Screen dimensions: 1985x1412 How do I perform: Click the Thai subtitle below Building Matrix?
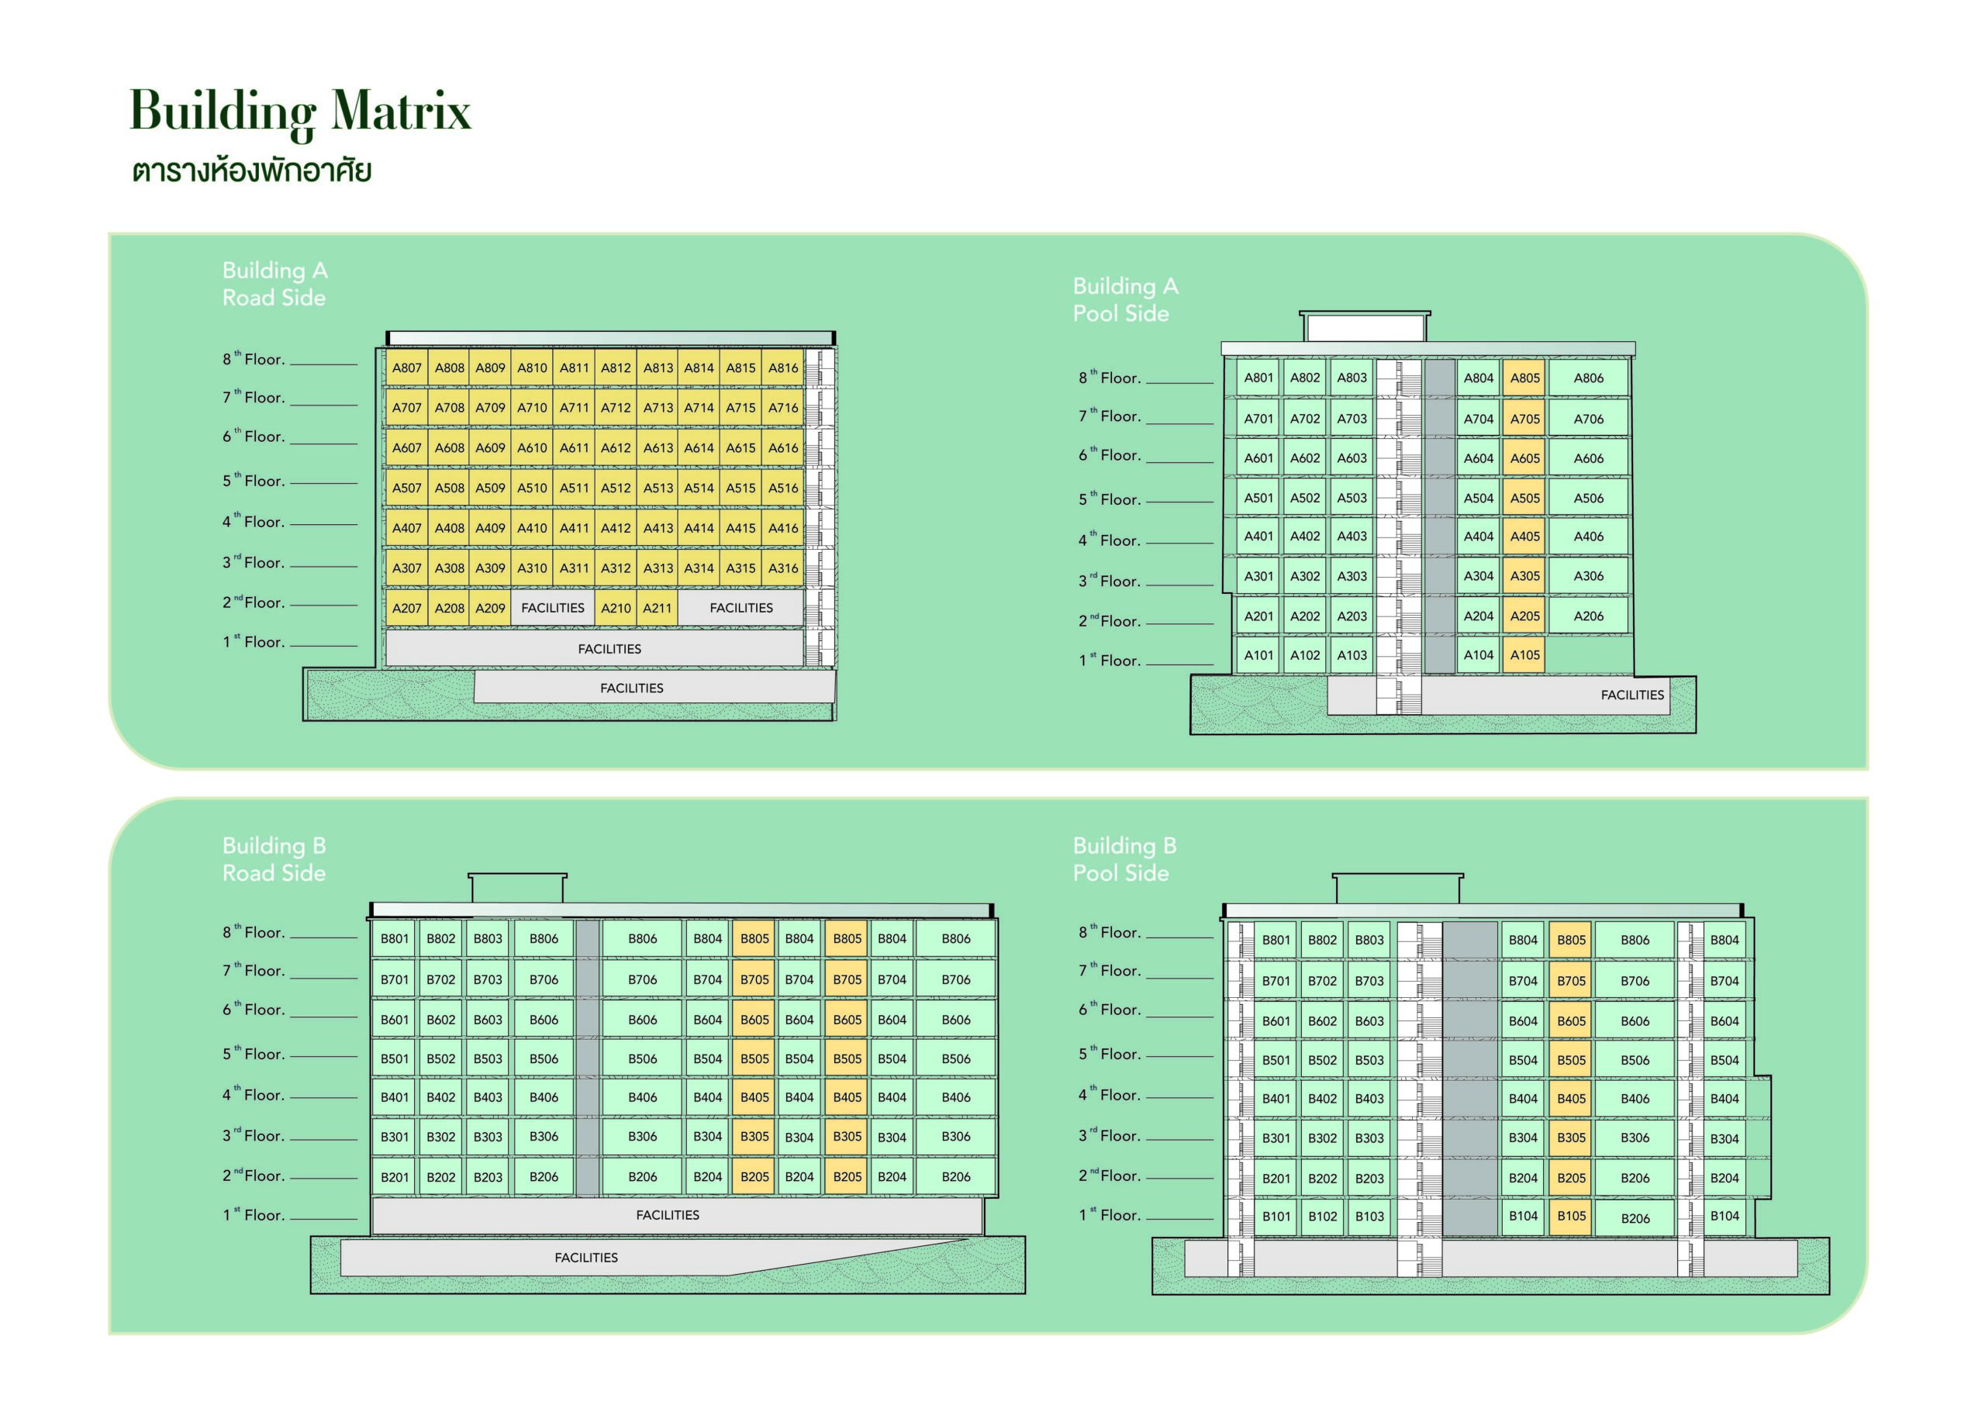click(x=252, y=170)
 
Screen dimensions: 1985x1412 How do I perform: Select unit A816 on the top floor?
click(x=782, y=368)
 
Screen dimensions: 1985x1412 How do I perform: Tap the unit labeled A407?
click(x=406, y=528)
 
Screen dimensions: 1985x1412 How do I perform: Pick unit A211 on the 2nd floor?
click(x=658, y=608)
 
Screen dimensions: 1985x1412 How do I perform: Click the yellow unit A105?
click(x=1525, y=654)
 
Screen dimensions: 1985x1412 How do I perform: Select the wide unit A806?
click(x=1589, y=378)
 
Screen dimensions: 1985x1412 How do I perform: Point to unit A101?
click(x=1258, y=654)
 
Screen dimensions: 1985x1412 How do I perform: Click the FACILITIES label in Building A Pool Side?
click(x=1632, y=695)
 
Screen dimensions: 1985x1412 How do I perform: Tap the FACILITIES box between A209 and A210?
click(x=553, y=608)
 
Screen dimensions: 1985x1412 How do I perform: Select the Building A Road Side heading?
click(x=274, y=284)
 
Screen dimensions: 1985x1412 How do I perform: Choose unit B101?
click(x=1276, y=1217)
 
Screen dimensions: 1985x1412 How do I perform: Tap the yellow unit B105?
click(x=1571, y=1217)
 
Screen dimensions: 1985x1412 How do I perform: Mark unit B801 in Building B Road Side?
click(x=394, y=938)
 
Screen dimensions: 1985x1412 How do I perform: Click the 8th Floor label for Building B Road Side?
click(x=254, y=932)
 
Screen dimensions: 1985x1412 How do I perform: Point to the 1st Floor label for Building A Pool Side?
click(x=1110, y=660)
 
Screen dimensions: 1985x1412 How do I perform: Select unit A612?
click(x=616, y=447)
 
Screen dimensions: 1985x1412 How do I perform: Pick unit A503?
click(x=1352, y=499)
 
